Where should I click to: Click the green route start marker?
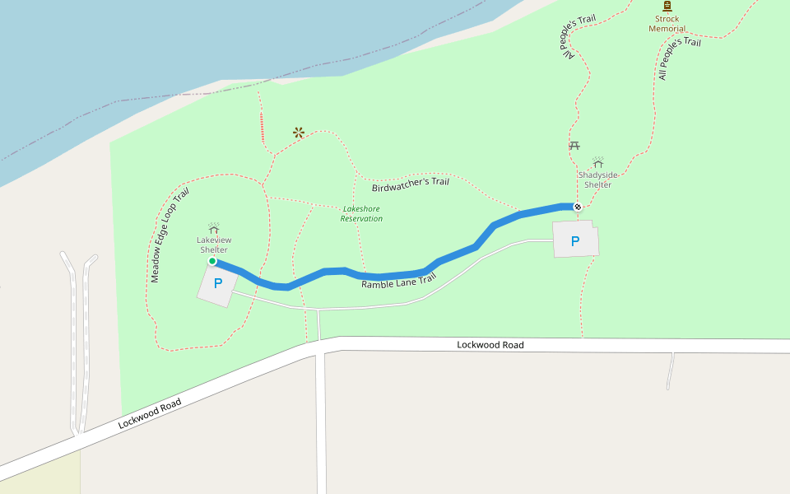coord(212,261)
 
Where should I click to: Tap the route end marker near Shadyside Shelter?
coord(578,207)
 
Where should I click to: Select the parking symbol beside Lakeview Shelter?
coord(218,283)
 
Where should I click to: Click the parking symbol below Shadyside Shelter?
coord(575,241)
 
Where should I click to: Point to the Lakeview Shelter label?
coord(213,245)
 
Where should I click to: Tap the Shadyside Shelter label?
coord(597,179)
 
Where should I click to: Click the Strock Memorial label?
coord(667,24)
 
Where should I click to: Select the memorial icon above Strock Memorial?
coord(667,6)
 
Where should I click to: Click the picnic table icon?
coord(574,146)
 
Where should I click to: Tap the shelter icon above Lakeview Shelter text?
coord(213,227)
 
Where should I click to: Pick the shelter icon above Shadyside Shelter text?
coord(598,162)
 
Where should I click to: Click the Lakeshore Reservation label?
coord(362,214)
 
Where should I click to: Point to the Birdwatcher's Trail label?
coord(410,182)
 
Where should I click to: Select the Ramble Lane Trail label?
coord(398,282)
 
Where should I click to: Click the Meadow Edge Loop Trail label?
coord(170,235)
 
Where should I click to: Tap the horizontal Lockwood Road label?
coord(490,345)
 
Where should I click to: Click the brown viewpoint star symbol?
coord(299,132)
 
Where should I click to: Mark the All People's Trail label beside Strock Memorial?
coord(679,58)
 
